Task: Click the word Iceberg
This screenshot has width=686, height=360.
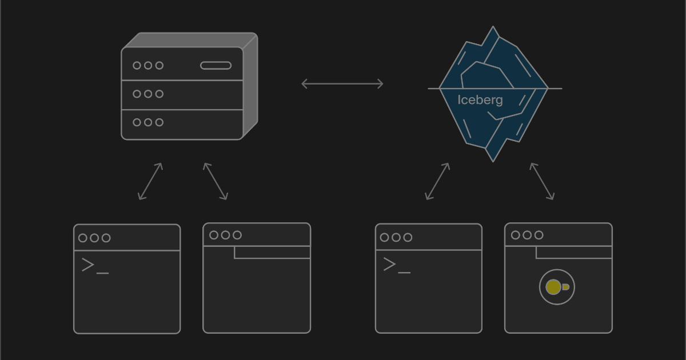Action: point(480,100)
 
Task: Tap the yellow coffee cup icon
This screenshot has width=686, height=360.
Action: point(555,287)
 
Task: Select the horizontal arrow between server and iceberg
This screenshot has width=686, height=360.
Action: point(342,84)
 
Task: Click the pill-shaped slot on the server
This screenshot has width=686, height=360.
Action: point(216,66)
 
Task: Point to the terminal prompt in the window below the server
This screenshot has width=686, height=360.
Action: point(94,266)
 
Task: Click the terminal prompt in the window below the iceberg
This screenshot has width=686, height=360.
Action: point(396,265)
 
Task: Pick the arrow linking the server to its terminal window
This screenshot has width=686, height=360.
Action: point(150,181)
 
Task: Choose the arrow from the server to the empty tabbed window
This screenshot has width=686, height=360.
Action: point(216,181)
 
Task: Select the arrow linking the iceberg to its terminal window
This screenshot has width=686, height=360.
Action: point(437,181)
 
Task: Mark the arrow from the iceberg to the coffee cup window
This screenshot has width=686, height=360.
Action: point(542,181)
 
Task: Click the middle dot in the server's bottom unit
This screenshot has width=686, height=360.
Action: point(148,122)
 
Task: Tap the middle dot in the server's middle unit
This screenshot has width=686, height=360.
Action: point(148,94)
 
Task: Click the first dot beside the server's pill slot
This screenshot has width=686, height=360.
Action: point(137,66)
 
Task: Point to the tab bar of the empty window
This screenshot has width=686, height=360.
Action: point(272,252)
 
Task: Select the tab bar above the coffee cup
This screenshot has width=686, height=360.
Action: point(574,252)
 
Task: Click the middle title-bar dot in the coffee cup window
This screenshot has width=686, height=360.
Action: point(527,235)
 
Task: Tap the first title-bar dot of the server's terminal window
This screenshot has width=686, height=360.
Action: point(83,238)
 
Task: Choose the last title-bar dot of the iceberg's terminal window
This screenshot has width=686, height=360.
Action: point(408,238)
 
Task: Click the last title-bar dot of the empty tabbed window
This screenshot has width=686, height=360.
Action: point(237,235)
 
